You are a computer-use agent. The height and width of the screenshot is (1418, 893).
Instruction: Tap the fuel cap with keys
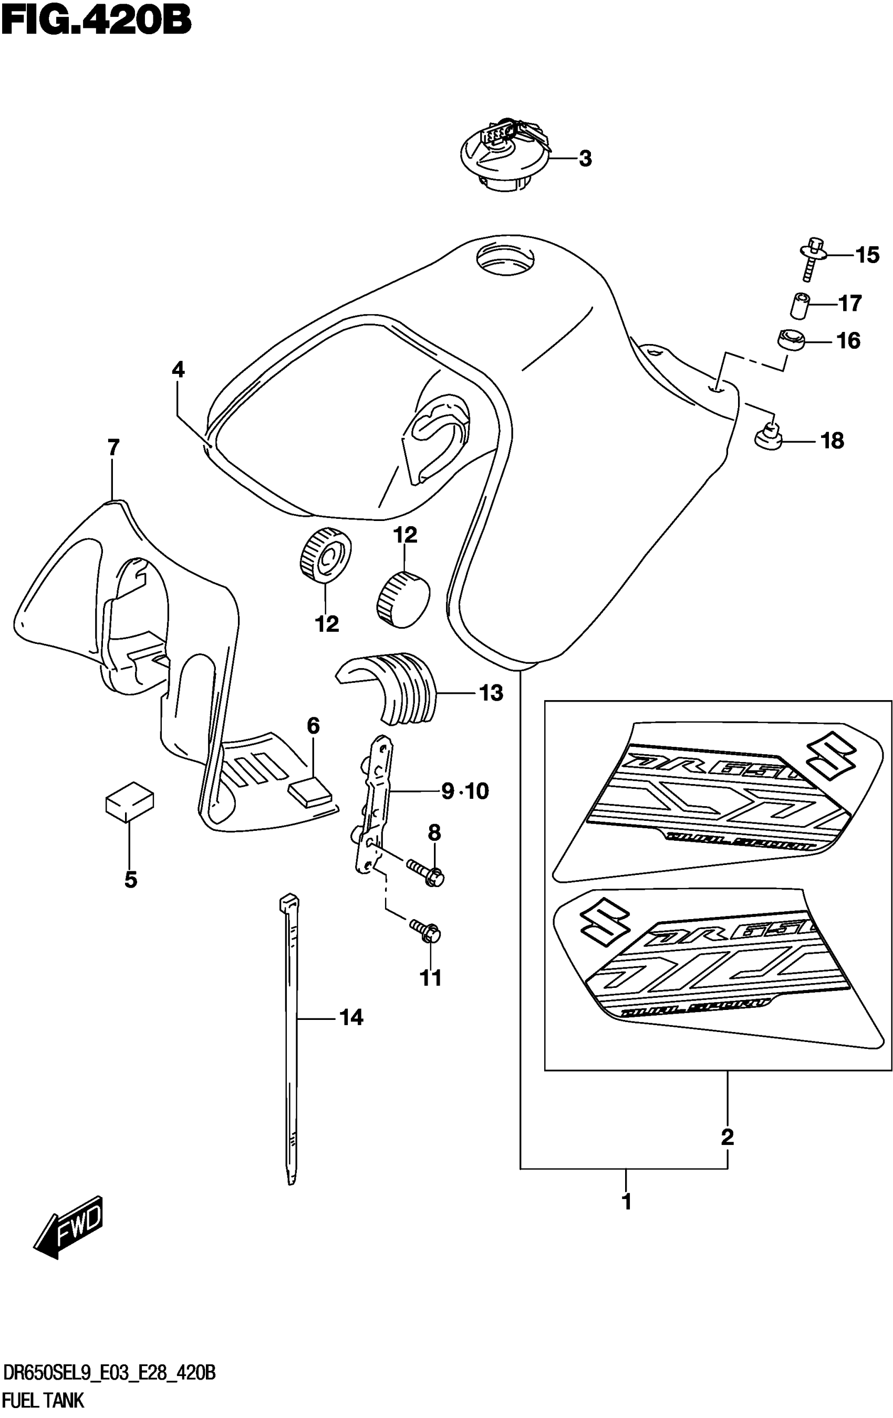[505, 155]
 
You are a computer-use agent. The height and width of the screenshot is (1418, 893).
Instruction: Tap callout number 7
[113, 448]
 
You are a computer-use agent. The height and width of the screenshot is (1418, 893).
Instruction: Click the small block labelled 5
[130, 801]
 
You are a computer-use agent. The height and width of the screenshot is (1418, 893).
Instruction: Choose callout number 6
[314, 726]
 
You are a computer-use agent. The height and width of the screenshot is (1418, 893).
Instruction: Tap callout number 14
[351, 1018]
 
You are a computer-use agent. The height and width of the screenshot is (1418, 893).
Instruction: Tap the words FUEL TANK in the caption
[44, 1399]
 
